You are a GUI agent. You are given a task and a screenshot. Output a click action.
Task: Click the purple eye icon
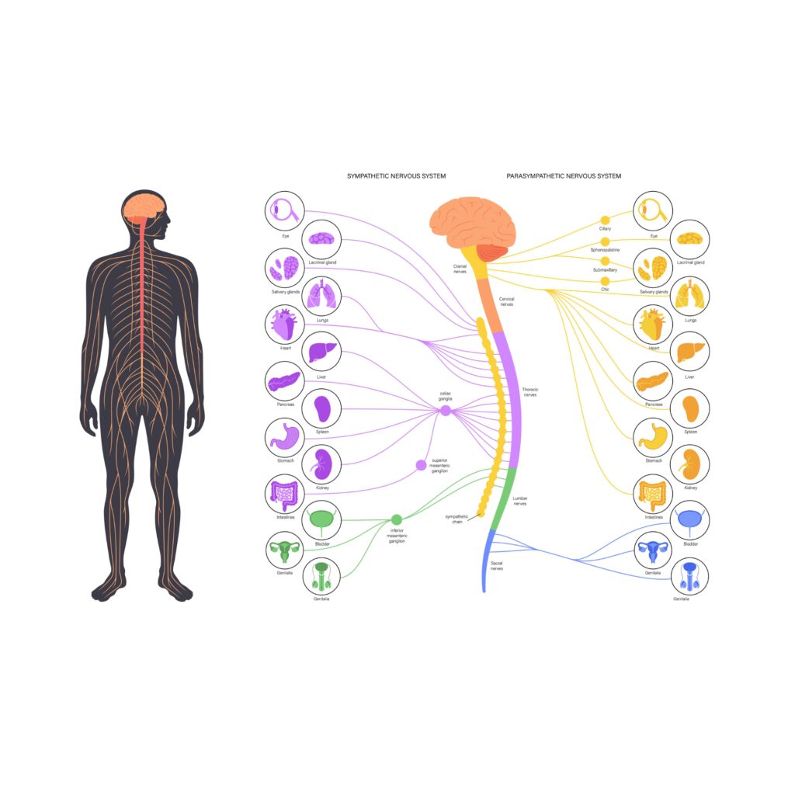tap(283, 210)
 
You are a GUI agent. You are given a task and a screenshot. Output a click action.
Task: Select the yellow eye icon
tap(653, 210)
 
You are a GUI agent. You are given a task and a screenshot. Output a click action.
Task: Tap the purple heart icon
tap(283, 325)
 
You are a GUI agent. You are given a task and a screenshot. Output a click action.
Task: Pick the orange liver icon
tap(690, 352)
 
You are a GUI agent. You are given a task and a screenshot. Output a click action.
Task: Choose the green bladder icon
tap(320, 521)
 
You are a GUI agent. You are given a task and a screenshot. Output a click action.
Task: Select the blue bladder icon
tap(690, 520)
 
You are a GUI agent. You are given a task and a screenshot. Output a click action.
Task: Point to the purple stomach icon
tap(283, 439)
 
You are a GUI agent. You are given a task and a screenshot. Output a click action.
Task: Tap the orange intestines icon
tap(653, 493)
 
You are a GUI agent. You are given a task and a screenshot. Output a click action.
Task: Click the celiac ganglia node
tap(446, 411)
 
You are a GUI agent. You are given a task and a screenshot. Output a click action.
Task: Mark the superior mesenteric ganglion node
tap(421, 465)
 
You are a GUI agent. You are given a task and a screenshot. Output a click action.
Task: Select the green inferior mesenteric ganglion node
tap(397, 519)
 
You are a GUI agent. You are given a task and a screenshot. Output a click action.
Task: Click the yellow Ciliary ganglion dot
tap(605, 220)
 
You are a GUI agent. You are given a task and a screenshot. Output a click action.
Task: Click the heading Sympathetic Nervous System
tap(396, 176)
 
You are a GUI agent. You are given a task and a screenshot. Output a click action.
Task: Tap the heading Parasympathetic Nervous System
tap(564, 176)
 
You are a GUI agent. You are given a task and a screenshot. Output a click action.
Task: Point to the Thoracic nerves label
tap(530, 392)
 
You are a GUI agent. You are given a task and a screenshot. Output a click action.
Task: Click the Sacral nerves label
tap(496, 566)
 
